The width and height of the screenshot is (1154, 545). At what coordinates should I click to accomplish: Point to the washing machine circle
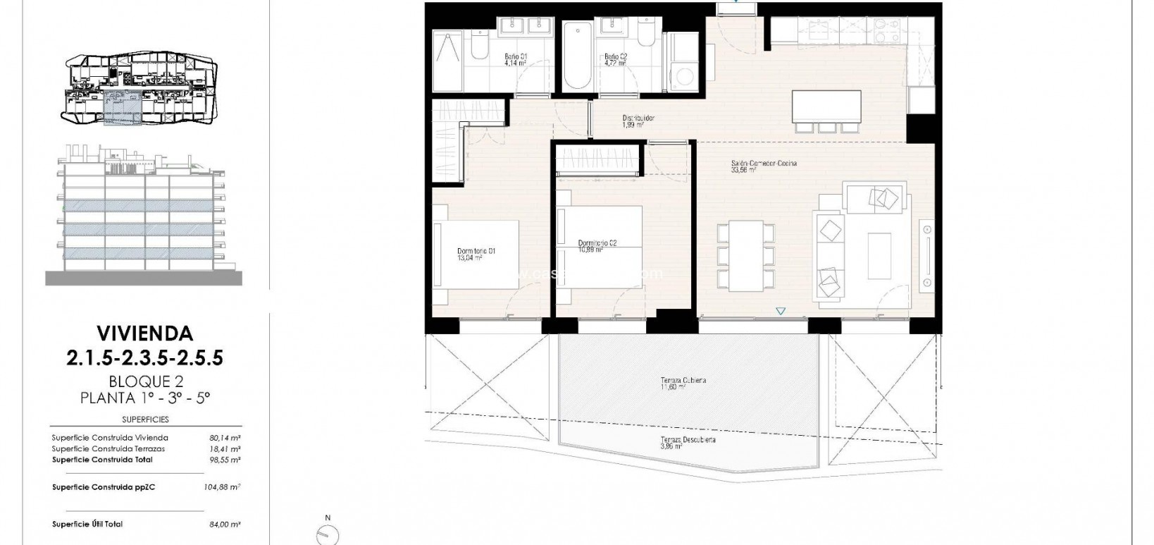click(x=683, y=76)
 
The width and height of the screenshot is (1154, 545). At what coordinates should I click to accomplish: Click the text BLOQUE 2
click(x=145, y=381)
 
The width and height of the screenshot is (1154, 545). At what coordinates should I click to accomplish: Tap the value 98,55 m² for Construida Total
click(x=225, y=460)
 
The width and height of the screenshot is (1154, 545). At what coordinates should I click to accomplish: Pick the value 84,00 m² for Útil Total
click(x=225, y=524)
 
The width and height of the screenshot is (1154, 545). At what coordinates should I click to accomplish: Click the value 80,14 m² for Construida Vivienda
click(x=225, y=438)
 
